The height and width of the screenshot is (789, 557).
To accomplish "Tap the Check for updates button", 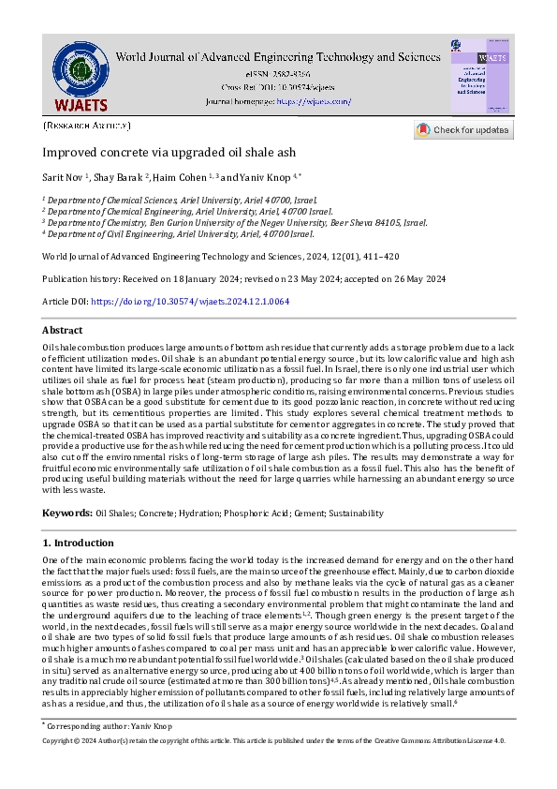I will pos(464,130).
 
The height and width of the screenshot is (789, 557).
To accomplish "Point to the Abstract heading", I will pos(62,331).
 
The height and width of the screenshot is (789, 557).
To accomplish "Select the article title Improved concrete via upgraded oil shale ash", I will pos(169,153).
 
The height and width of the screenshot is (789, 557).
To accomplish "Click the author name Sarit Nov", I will pos(63,176).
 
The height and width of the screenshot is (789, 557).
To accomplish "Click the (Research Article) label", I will pos(86,125).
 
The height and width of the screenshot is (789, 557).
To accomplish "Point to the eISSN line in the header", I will pos(277,72).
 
